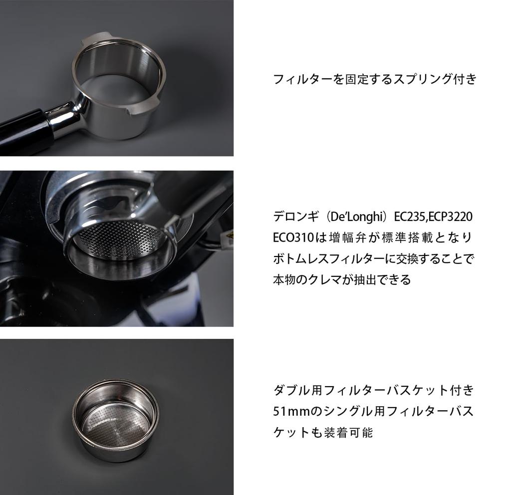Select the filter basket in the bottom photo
click(115, 419)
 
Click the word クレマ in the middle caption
click(333, 279)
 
